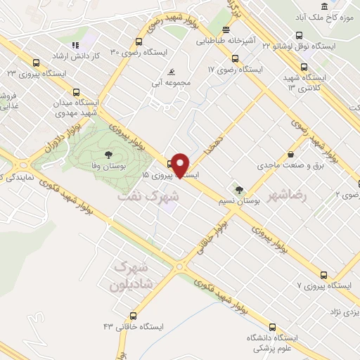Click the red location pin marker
pos(181,165)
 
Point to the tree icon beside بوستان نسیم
pos(240,189)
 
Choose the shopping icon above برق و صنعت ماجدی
pos(291,154)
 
